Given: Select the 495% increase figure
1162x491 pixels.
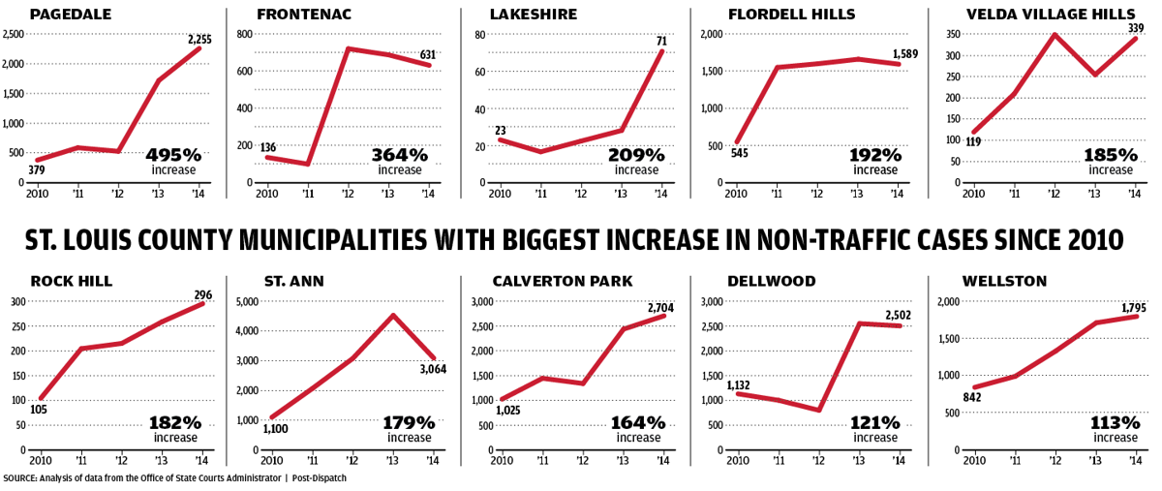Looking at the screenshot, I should point(173,155).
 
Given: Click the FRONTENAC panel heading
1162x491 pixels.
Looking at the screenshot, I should point(303,14).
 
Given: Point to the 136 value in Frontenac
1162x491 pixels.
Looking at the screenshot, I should point(268,147).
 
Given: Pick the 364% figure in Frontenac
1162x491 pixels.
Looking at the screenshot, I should point(399,155).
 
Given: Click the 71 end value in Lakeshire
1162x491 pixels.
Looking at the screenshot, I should point(660,41).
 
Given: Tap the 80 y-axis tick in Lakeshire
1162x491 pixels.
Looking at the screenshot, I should point(478,34).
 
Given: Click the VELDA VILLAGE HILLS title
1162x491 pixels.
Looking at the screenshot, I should point(1035,14).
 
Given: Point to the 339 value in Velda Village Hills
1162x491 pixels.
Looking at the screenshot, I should point(1134,28).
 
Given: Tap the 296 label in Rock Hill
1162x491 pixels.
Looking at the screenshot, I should point(202,295).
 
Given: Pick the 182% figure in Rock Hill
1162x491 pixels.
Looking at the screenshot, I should point(174,423).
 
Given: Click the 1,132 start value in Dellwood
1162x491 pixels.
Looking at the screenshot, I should point(741,384).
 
